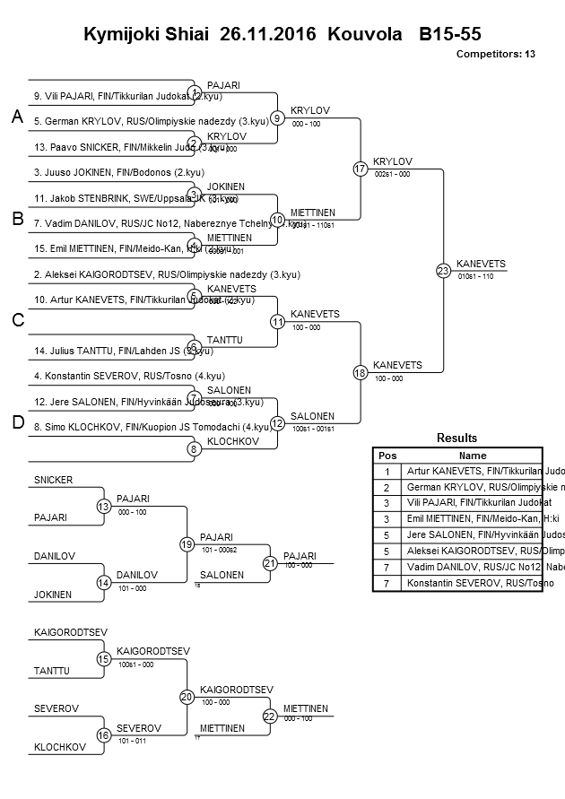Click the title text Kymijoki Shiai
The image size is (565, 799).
coord(143,35)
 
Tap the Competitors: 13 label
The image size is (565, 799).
coord(495,54)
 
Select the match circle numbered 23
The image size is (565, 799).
coord(443,270)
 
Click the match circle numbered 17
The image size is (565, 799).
coord(361,169)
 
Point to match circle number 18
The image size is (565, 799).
coord(361,371)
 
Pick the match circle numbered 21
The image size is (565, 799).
coord(269,563)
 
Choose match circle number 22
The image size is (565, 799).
coord(269,716)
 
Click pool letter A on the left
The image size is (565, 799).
coord(17,117)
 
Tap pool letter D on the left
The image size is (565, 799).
coord(17,423)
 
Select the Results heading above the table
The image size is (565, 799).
coord(456,438)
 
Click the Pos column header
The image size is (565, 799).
coord(387,455)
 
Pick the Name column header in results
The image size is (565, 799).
coord(472,455)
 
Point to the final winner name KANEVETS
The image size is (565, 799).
coord(481,264)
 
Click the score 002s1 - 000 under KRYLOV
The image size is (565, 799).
coord(391,174)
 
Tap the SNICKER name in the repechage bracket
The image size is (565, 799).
coord(53,480)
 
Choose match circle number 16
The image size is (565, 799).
coord(103,735)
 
